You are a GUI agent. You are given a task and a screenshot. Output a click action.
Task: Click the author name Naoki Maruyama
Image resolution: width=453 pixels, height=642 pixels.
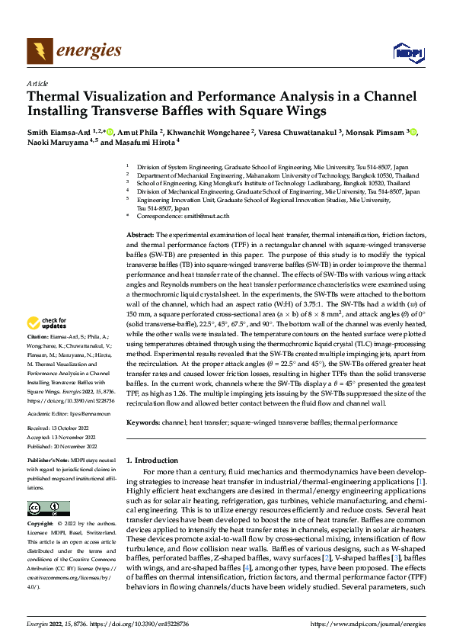pos(57,142)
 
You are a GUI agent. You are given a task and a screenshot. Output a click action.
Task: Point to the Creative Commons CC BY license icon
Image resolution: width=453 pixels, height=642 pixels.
pos(48,509)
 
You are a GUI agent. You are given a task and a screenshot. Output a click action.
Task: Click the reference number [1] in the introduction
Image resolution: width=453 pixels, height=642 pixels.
pos(420,483)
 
